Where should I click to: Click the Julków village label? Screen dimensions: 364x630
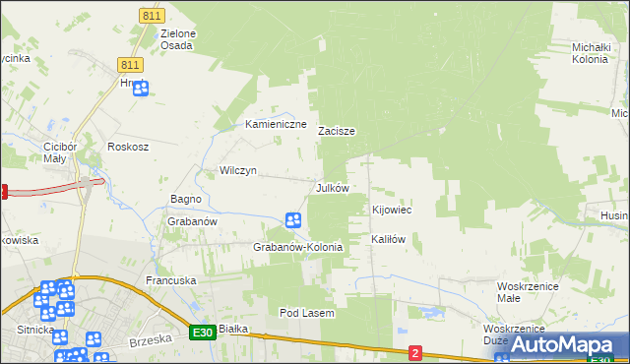click(332, 187)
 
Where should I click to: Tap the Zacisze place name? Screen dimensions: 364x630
click(336, 131)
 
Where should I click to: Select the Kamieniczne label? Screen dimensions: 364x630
click(277, 125)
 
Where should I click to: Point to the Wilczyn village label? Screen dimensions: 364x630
click(238, 170)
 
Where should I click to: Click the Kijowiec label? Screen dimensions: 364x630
click(391, 211)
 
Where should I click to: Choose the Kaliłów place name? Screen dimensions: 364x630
click(388, 239)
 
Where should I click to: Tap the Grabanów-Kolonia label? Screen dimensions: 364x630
click(298, 247)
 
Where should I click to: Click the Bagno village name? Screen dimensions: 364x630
click(186, 199)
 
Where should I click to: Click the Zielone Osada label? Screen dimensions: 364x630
click(177, 39)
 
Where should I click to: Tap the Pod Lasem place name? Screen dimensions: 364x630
click(307, 313)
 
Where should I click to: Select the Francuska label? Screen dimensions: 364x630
click(171, 280)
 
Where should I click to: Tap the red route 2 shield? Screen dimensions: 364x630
click(415, 353)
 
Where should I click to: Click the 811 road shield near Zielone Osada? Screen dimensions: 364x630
click(151, 17)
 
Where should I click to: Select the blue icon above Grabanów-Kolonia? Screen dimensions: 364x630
click(292, 222)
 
